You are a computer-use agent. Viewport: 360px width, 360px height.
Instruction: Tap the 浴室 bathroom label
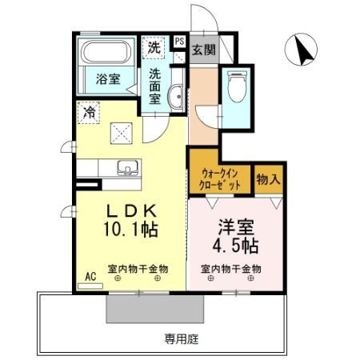(108, 79)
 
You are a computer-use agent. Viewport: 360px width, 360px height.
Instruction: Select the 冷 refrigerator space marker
(89, 113)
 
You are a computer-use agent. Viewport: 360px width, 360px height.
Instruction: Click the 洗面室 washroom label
(155, 86)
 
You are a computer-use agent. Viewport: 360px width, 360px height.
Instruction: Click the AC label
(90, 276)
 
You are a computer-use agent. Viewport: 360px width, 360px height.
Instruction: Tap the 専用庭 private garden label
(182, 338)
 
